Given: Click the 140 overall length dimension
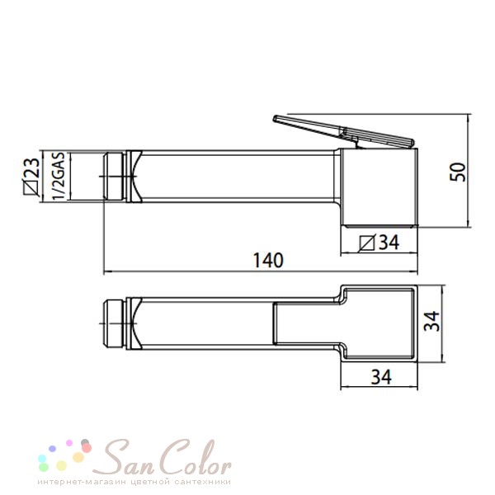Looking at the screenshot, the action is click(268, 261).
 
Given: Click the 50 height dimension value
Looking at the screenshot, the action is click(458, 172).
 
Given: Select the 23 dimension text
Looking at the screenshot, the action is click(32, 167).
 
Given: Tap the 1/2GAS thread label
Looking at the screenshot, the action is click(59, 176).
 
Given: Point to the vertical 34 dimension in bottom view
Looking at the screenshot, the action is click(431, 321).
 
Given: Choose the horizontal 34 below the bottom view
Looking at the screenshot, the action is click(381, 377).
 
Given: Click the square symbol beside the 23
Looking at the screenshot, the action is click(31, 187).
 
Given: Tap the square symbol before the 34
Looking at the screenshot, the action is click(367, 243).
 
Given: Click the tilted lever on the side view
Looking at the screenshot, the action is click(343, 131).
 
